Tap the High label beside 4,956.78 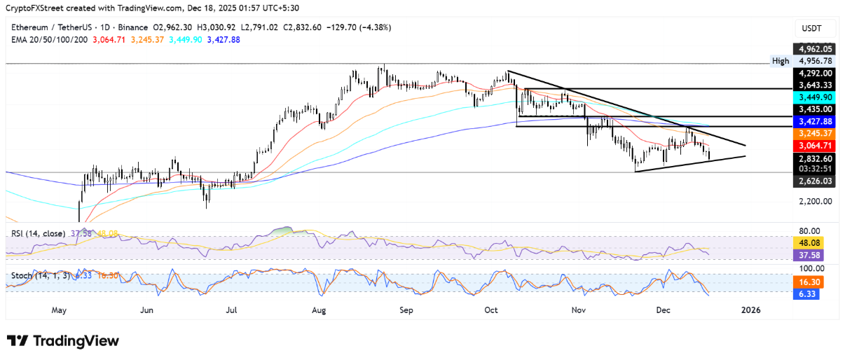click(x=780, y=61)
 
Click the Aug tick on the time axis click(x=319, y=310)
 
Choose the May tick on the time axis click(x=59, y=310)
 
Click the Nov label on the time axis click(x=579, y=310)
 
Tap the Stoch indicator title click(x=21, y=276)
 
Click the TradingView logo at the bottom click(x=63, y=341)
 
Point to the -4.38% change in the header click(x=377, y=27)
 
